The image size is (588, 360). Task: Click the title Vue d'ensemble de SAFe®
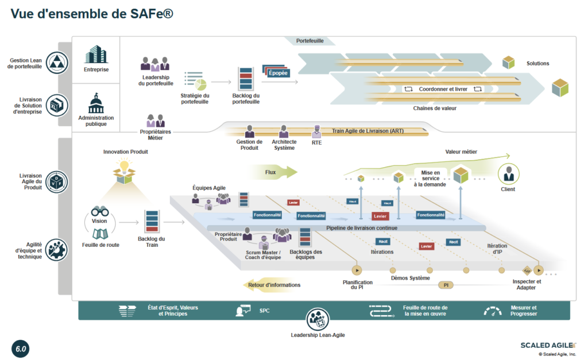[92, 14]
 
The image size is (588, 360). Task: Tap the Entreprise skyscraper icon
[96, 55]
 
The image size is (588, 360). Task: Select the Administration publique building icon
[96, 103]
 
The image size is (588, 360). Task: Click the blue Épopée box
[277, 73]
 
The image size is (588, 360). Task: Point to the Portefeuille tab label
[310, 41]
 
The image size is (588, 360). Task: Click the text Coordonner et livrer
[443, 89]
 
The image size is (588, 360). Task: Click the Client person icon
[508, 173]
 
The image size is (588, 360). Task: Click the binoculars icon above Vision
[100, 211]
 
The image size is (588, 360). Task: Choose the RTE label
[316, 142]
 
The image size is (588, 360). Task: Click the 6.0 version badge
[21, 349]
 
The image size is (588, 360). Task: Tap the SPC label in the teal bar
[264, 311]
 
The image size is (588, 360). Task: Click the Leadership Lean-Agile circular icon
[318, 319]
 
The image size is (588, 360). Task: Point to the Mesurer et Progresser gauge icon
[492, 311]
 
